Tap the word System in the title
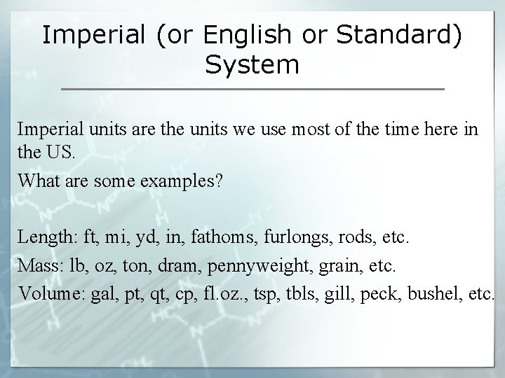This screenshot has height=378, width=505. [x=252, y=65]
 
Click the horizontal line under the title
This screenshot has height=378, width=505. [x=252, y=90]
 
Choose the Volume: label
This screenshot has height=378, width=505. [x=50, y=293]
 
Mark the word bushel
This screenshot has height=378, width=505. [x=435, y=293]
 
